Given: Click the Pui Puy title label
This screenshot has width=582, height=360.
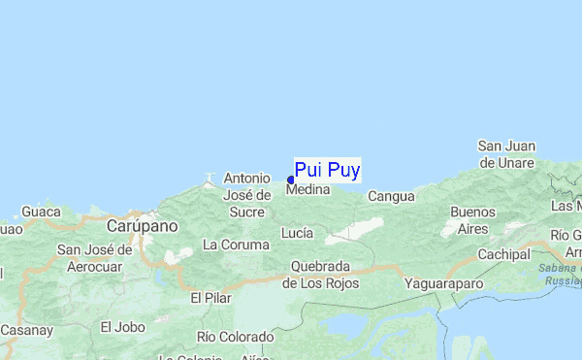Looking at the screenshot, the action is click(x=327, y=171).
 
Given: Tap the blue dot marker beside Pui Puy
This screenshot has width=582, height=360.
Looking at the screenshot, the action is click(x=291, y=180).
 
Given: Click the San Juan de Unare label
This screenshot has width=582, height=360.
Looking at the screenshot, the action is click(x=505, y=154).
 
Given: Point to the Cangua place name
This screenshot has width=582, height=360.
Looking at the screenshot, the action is click(x=391, y=196).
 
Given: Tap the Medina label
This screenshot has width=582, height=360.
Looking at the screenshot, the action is click(x=309, y=191).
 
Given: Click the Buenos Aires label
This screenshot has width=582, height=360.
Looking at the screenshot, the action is click(x=473, y=220).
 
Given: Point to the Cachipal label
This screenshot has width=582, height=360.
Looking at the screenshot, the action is click(x=502, y=254).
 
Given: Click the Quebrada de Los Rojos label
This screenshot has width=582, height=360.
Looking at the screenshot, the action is click(x=320, y=275).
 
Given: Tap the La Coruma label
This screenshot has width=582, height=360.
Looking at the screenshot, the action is click(x=236, y=245).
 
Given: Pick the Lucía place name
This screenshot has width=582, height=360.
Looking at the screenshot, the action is click(x=296, y=233).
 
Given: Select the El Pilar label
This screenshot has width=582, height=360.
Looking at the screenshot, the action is click(x=210, y=298).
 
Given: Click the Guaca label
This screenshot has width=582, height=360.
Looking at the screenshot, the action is click(x=42, y=211).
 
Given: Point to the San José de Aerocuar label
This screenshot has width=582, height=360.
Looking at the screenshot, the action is click(x=94, y=257).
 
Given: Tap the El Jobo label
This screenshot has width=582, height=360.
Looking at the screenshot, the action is click(x=122, y=326).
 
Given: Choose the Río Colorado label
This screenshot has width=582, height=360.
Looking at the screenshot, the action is click(x=234, y=337).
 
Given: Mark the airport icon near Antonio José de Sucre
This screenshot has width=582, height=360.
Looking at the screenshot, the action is click(x=208, y=179).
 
